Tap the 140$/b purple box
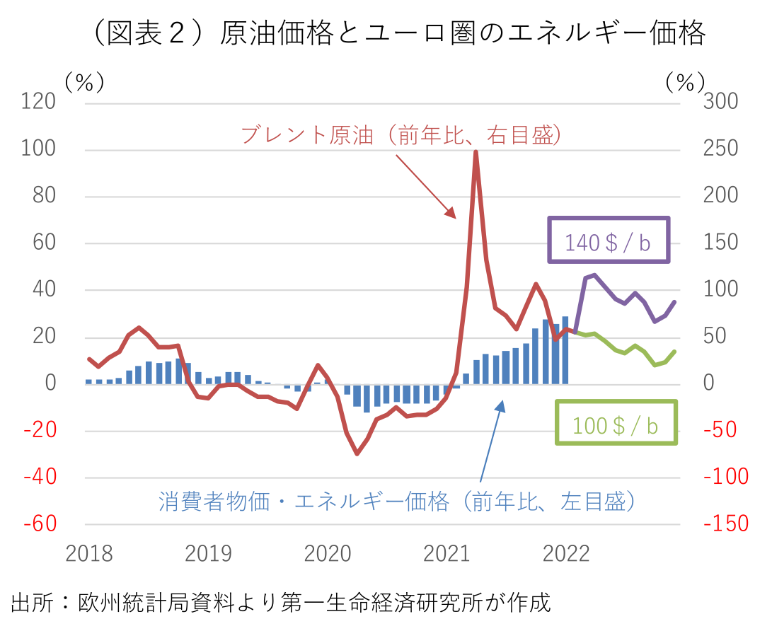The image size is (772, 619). point(608,241)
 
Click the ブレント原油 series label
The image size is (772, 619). point(402,134)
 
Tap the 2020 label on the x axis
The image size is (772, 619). point(328,553)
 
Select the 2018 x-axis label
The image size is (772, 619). point(89,553)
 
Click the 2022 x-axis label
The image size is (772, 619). point(566,553)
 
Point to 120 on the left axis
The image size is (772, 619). point(40,103)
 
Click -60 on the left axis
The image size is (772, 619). point(40,523)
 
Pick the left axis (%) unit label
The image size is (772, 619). point(84,82)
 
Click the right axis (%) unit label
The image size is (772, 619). point(684,82)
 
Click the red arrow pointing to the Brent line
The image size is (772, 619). point(425,185)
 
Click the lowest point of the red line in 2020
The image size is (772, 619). point(357,453)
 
